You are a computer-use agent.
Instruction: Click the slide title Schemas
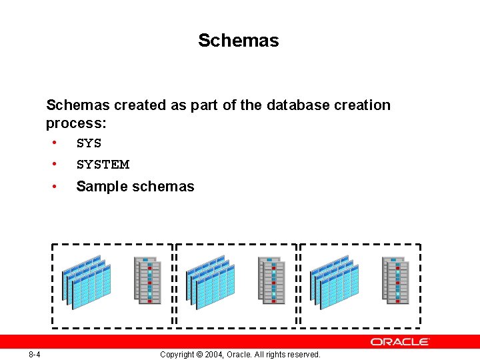point(238,41)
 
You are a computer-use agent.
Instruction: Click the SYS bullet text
point(89,143)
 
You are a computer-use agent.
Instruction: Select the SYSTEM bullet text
point(103,165)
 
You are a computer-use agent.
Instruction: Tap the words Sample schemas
point(135,187)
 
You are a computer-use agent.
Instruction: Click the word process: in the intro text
point(77,123)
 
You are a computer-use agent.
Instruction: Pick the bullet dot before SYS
point(53,143)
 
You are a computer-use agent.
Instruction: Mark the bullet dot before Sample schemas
point(53,186)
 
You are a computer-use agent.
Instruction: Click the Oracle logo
point(400,341)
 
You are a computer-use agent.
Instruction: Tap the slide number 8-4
point(35,354)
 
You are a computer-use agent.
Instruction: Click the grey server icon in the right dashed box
point(395,281)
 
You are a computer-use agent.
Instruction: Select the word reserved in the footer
point(303,355)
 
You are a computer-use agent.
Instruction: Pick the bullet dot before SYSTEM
point(53,164)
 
